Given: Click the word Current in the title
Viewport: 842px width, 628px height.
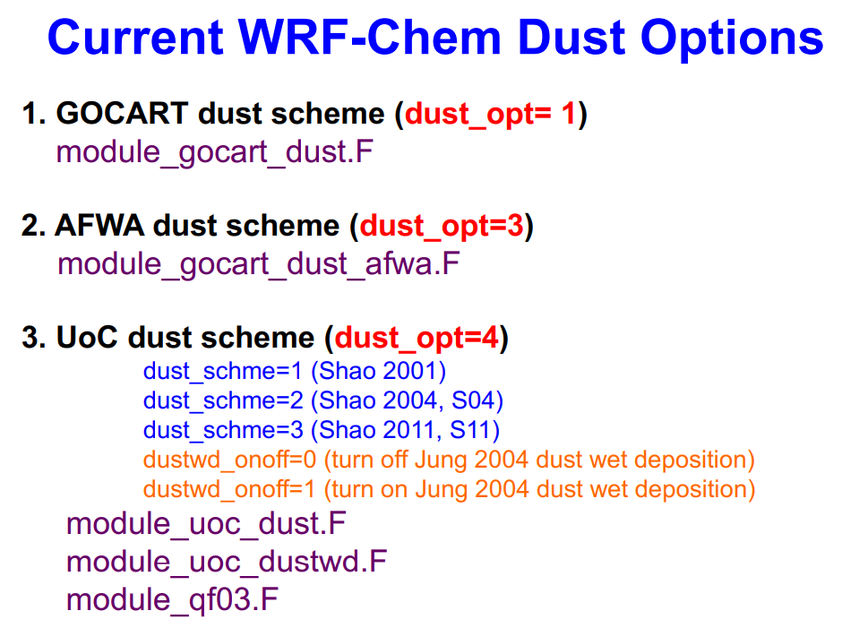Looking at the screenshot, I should (134, 38).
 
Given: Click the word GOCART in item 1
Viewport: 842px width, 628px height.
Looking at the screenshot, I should (123, 114).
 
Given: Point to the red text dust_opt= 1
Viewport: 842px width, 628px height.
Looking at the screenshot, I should (491, 114).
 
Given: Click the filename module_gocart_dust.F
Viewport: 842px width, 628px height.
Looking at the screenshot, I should (214, 151).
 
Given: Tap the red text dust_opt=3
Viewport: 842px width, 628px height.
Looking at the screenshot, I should (441, 226).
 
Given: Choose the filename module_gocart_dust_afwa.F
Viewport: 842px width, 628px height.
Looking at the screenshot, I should (259, 264).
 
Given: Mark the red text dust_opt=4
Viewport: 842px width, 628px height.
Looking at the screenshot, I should (417, 338).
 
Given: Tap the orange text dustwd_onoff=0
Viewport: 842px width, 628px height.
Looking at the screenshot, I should (229, 460).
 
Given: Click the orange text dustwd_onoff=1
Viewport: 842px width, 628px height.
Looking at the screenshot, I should (229, 489).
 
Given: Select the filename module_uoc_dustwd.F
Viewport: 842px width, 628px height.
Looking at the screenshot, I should (227, 562).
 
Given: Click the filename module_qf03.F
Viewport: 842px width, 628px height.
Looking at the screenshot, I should (172, 599).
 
